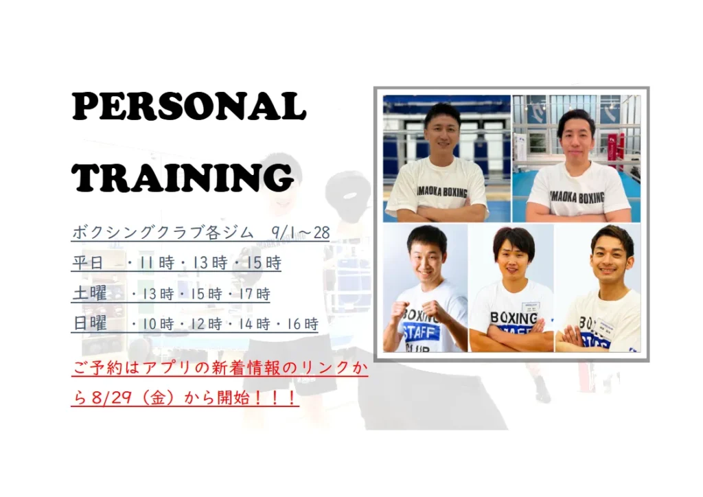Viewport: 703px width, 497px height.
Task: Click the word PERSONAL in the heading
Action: (x=189, y=106)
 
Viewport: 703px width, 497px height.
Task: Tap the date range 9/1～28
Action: (x=301, y=232)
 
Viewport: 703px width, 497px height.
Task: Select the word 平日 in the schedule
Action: (x=88, y=263)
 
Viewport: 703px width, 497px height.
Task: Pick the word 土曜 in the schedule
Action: (x=90, y=294)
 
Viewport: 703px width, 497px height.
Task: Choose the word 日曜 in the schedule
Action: (x=90, y=323)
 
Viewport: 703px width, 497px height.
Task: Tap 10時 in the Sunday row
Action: (x=158, y=323)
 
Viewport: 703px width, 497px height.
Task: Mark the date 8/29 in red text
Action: (x=112, y=397)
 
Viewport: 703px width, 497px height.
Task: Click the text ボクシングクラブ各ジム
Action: (x=162, y=232)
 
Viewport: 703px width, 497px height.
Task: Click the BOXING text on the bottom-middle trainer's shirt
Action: (x=514, y=319)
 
